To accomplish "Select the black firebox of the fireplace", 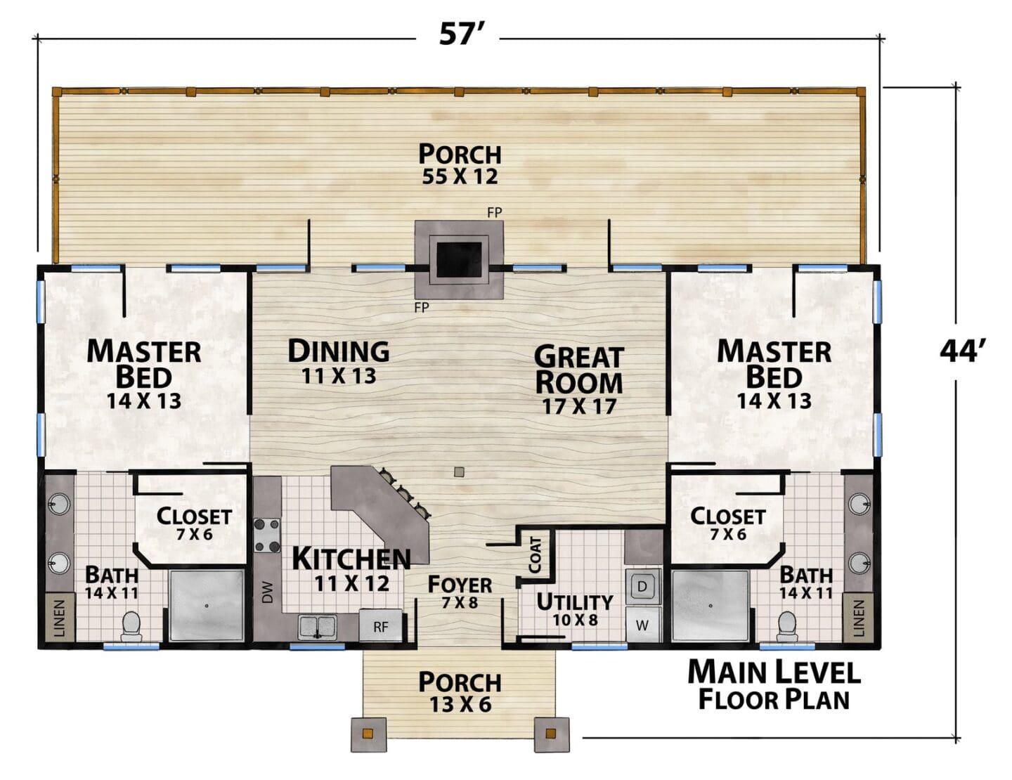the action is tap(459, 259).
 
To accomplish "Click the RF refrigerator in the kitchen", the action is tap(380, 626).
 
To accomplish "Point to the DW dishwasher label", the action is tap(267, 592).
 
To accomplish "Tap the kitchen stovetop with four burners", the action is tap(267, 535).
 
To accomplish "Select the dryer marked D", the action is tap(642, 586).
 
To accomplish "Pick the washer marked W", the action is tap(642, 625).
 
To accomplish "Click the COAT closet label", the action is tap(535, 555).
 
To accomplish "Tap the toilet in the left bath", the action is tap(131, 626).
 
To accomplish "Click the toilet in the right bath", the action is tap(787, 626).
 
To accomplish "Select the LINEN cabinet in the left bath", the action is tap(60, 618).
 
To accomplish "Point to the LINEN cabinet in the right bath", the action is tap(858, 618).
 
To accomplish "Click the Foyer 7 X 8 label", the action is tap(460, 592).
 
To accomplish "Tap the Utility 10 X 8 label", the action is tap(575, 609).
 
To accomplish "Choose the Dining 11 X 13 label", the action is tap(339, 362).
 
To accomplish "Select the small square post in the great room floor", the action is tap(460, 472).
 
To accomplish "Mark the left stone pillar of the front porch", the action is tap(368, 734).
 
